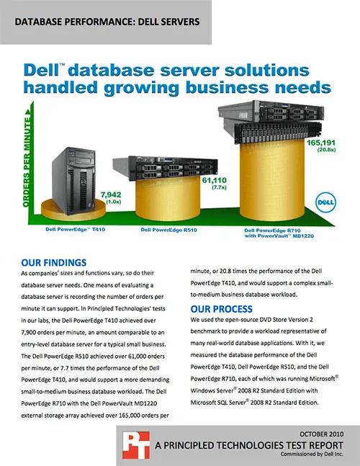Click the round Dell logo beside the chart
pyautogui.click(x=325, y=202)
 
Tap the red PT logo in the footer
pyautogui.click(x=136, y=445)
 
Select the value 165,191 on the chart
pyautogui.click(x=321, y=143)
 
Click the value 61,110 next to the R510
pyautogui.click(x=214, y=180)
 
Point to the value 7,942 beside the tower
pyautogui.click(x=111, y=194)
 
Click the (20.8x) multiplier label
pyautogui.click(x=326, y=150)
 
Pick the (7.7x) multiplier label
pyautogui.click(x=219, y=187)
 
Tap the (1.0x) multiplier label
pyautogui.click(x=114, y=202)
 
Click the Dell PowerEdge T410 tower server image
pyautogui.click(x=73, y=181)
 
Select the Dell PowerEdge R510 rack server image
pyautogui.click(x=165, y=168)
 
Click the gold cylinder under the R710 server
pyautogui.click(x=272, y=181)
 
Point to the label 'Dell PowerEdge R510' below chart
pyautogui.click(x=168, y=230)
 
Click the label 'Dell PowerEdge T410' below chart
pyautogui.click(x=75, y=230)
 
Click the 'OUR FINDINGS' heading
pyautogui.click(x=54, y=263)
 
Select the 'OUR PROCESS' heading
pyautogui.click(x=222, y=309)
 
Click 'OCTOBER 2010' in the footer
pyautogui.click(x=321, y=434)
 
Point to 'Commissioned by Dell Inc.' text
pyautogui.click(x=312, y=454)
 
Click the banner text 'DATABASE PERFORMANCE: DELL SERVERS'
pyautogui.click(x=107, y=22)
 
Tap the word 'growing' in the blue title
pyautogui.click(x=141, y=88)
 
